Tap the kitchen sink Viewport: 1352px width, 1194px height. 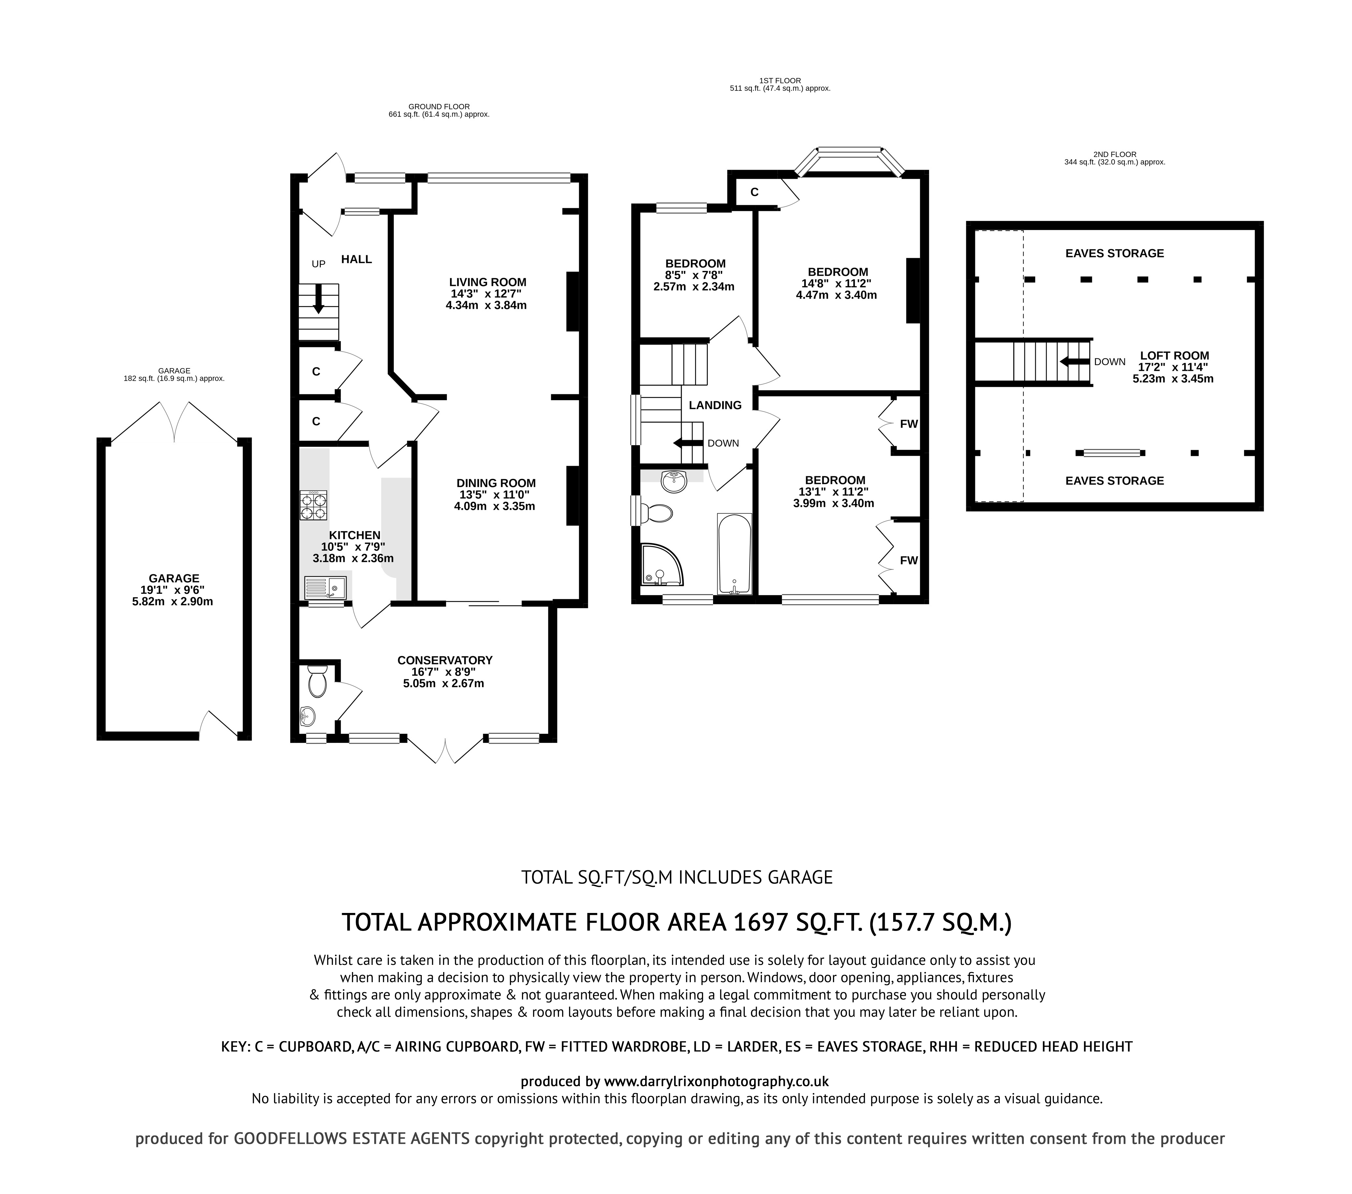tap(325, 588)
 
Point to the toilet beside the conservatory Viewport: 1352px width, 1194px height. tap(317, 681)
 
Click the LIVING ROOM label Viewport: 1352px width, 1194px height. tap(488, 282)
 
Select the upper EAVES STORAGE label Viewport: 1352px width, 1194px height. tap(1114, 253)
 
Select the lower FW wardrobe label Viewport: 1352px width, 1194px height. tap(909, 560)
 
